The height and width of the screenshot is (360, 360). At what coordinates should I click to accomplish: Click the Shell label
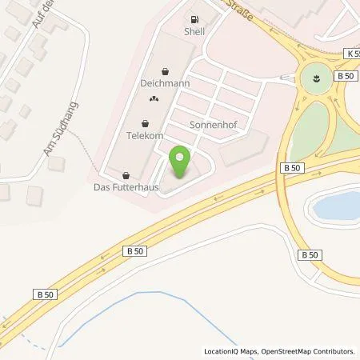194,31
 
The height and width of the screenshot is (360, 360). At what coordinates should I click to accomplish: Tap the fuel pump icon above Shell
194,18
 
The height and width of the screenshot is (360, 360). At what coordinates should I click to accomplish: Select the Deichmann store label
165,82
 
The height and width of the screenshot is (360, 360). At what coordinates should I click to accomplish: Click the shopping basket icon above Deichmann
165,70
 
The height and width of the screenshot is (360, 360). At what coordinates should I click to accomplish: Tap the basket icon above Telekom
145,124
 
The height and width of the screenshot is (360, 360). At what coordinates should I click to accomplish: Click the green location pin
182,163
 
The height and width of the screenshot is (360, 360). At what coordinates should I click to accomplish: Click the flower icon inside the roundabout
314,78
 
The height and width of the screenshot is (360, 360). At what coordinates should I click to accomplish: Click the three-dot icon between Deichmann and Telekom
154,99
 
